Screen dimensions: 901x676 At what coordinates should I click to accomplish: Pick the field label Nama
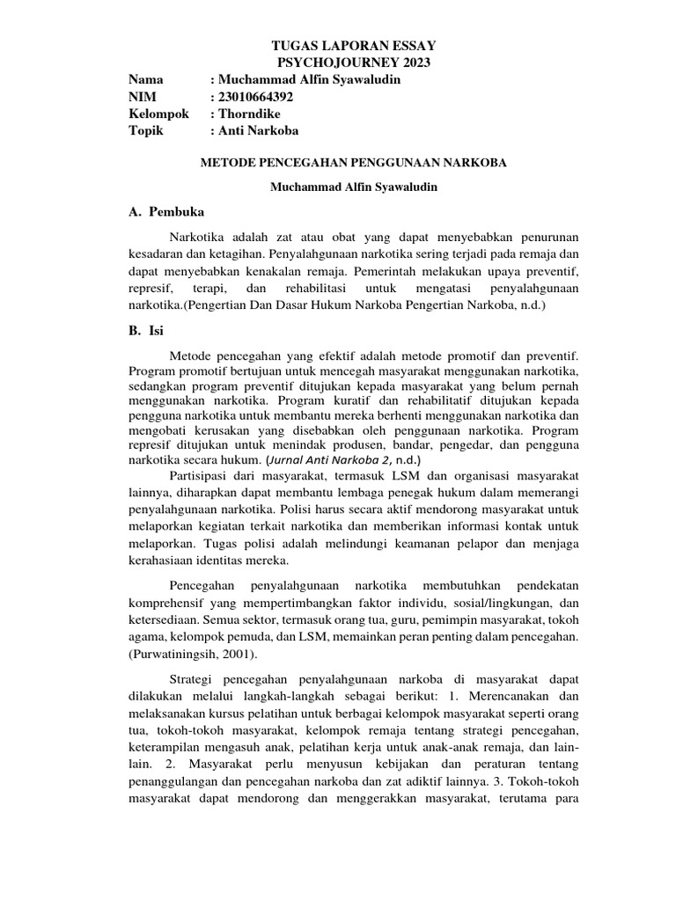pyautogui.click(x=146, y=79)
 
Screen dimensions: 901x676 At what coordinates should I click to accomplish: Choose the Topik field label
pyautogui.click(x=147, y=131)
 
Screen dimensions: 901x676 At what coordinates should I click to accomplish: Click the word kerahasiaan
pyautogui.click(x=166, y=560)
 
